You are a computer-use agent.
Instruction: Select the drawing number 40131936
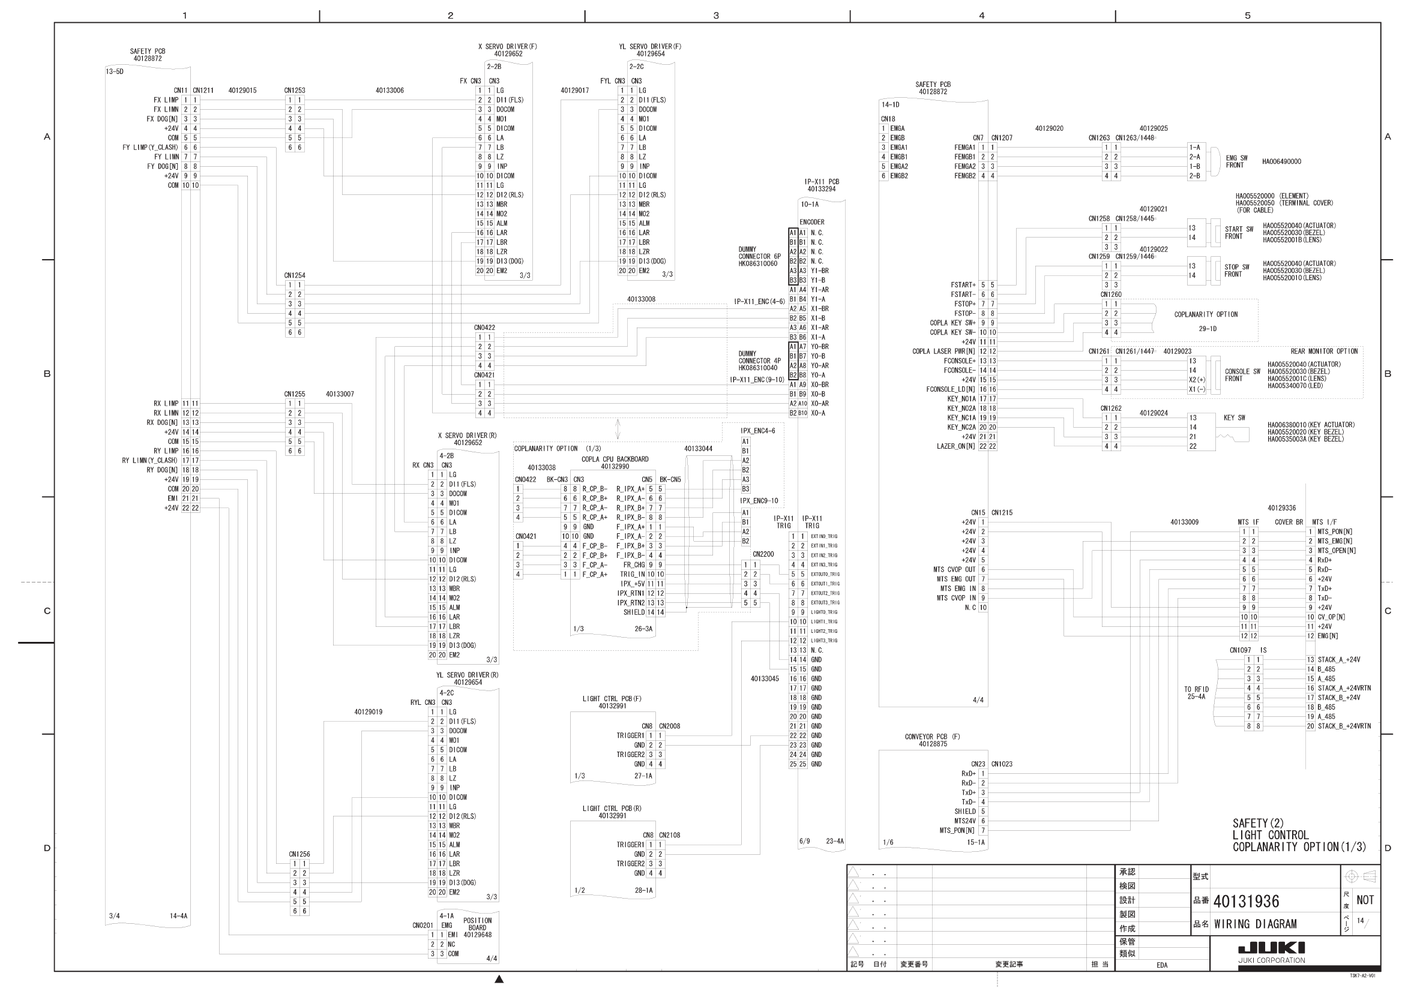[x=1246, y=901]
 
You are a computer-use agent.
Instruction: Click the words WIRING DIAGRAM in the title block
[x=1255, y=924]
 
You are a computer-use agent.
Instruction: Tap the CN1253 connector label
[x=294, y=91]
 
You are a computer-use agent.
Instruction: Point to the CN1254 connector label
[x=294, y=275]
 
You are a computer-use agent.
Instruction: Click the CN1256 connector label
[x=299, y=854]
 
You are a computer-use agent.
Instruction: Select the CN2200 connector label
[x=763, y=554]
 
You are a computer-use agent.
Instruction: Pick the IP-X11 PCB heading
[x=822, y=182]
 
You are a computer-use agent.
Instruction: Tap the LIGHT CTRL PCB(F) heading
[x=612, y=699]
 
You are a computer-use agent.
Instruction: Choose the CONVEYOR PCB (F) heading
[x=932, y=737]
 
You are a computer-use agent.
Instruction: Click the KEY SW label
[x=1234, y=418]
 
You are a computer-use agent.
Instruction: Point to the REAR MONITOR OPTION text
[x=1324, y=352]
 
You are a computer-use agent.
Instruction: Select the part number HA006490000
[x=1281, y=161]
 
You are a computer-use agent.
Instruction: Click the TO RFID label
[x=1196, y=689]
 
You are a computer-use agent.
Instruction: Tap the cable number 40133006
[x=390, y=91]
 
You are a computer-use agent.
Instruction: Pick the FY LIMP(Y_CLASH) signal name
[x=150, y=148]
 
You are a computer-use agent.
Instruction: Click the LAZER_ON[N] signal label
[x=955, y=446]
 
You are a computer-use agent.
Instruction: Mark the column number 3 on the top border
[x=716, y=16]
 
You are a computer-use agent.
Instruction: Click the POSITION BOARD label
[x=477, y=924]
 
